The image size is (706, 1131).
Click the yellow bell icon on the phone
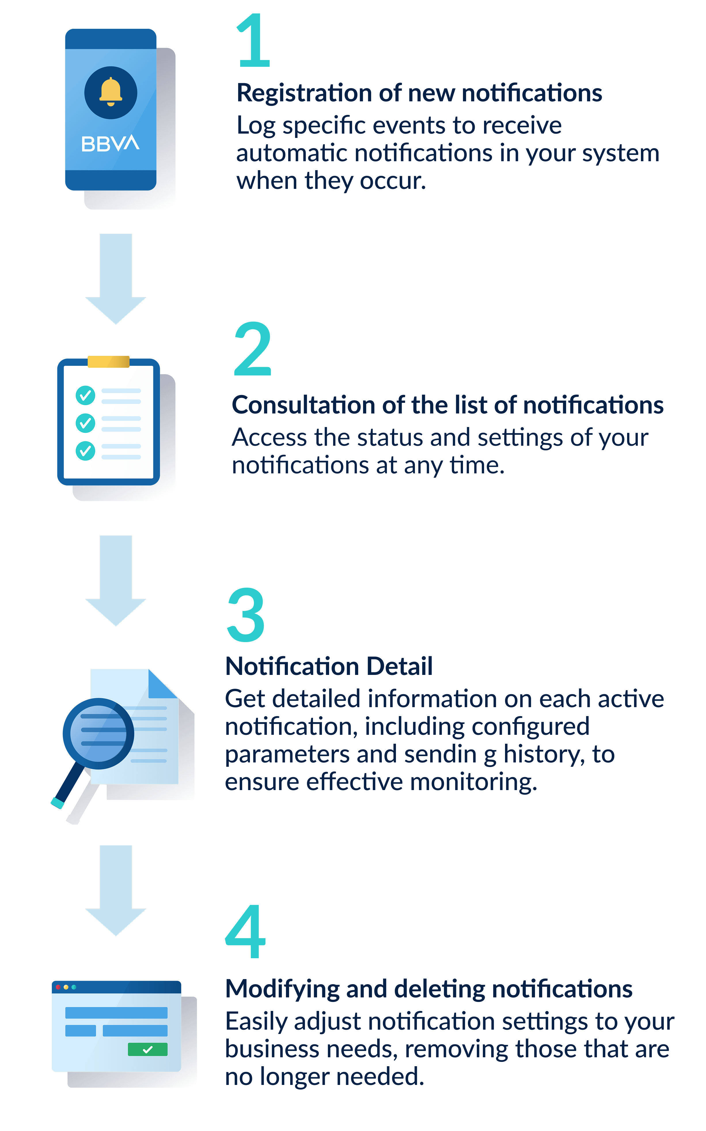pos(111,92)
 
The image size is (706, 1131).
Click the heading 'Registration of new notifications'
pos(419,93)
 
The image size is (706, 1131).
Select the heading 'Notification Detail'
pos(329,666)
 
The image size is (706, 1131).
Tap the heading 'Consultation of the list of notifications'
pos(447,405)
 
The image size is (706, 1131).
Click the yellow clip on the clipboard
pos(108,361)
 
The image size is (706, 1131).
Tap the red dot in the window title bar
pos(58,987)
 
